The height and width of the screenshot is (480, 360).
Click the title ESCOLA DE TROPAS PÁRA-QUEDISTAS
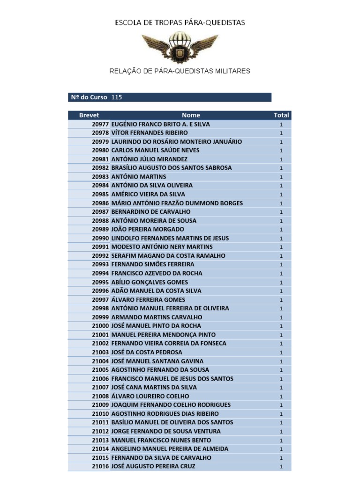(180, 22)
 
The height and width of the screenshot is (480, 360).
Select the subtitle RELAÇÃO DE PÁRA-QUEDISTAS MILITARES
(180, 71)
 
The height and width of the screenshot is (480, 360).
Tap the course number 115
(117, 97)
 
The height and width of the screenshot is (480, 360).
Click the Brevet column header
(89, 115)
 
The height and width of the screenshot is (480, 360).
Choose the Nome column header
(191, 115)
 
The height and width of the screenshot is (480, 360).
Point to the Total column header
(281, 115)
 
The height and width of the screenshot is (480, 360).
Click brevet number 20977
(100, 124)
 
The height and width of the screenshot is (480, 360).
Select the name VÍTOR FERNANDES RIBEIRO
(150, 133)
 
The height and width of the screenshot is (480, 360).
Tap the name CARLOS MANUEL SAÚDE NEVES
(155, 150)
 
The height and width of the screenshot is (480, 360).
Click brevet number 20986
(100, 203)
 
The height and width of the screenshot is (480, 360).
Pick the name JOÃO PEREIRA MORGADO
(148, 230)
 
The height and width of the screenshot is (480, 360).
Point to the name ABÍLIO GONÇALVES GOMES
(150, 282)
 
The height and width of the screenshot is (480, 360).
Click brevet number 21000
(100, 326)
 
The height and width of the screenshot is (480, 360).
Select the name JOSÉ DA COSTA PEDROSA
(147, 352)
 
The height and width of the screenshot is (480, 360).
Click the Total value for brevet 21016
(281, 467)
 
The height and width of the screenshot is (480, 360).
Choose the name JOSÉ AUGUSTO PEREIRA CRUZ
(153, 466)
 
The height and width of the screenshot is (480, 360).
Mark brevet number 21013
(100, 440)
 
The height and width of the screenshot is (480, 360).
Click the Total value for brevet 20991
(281, 247)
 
